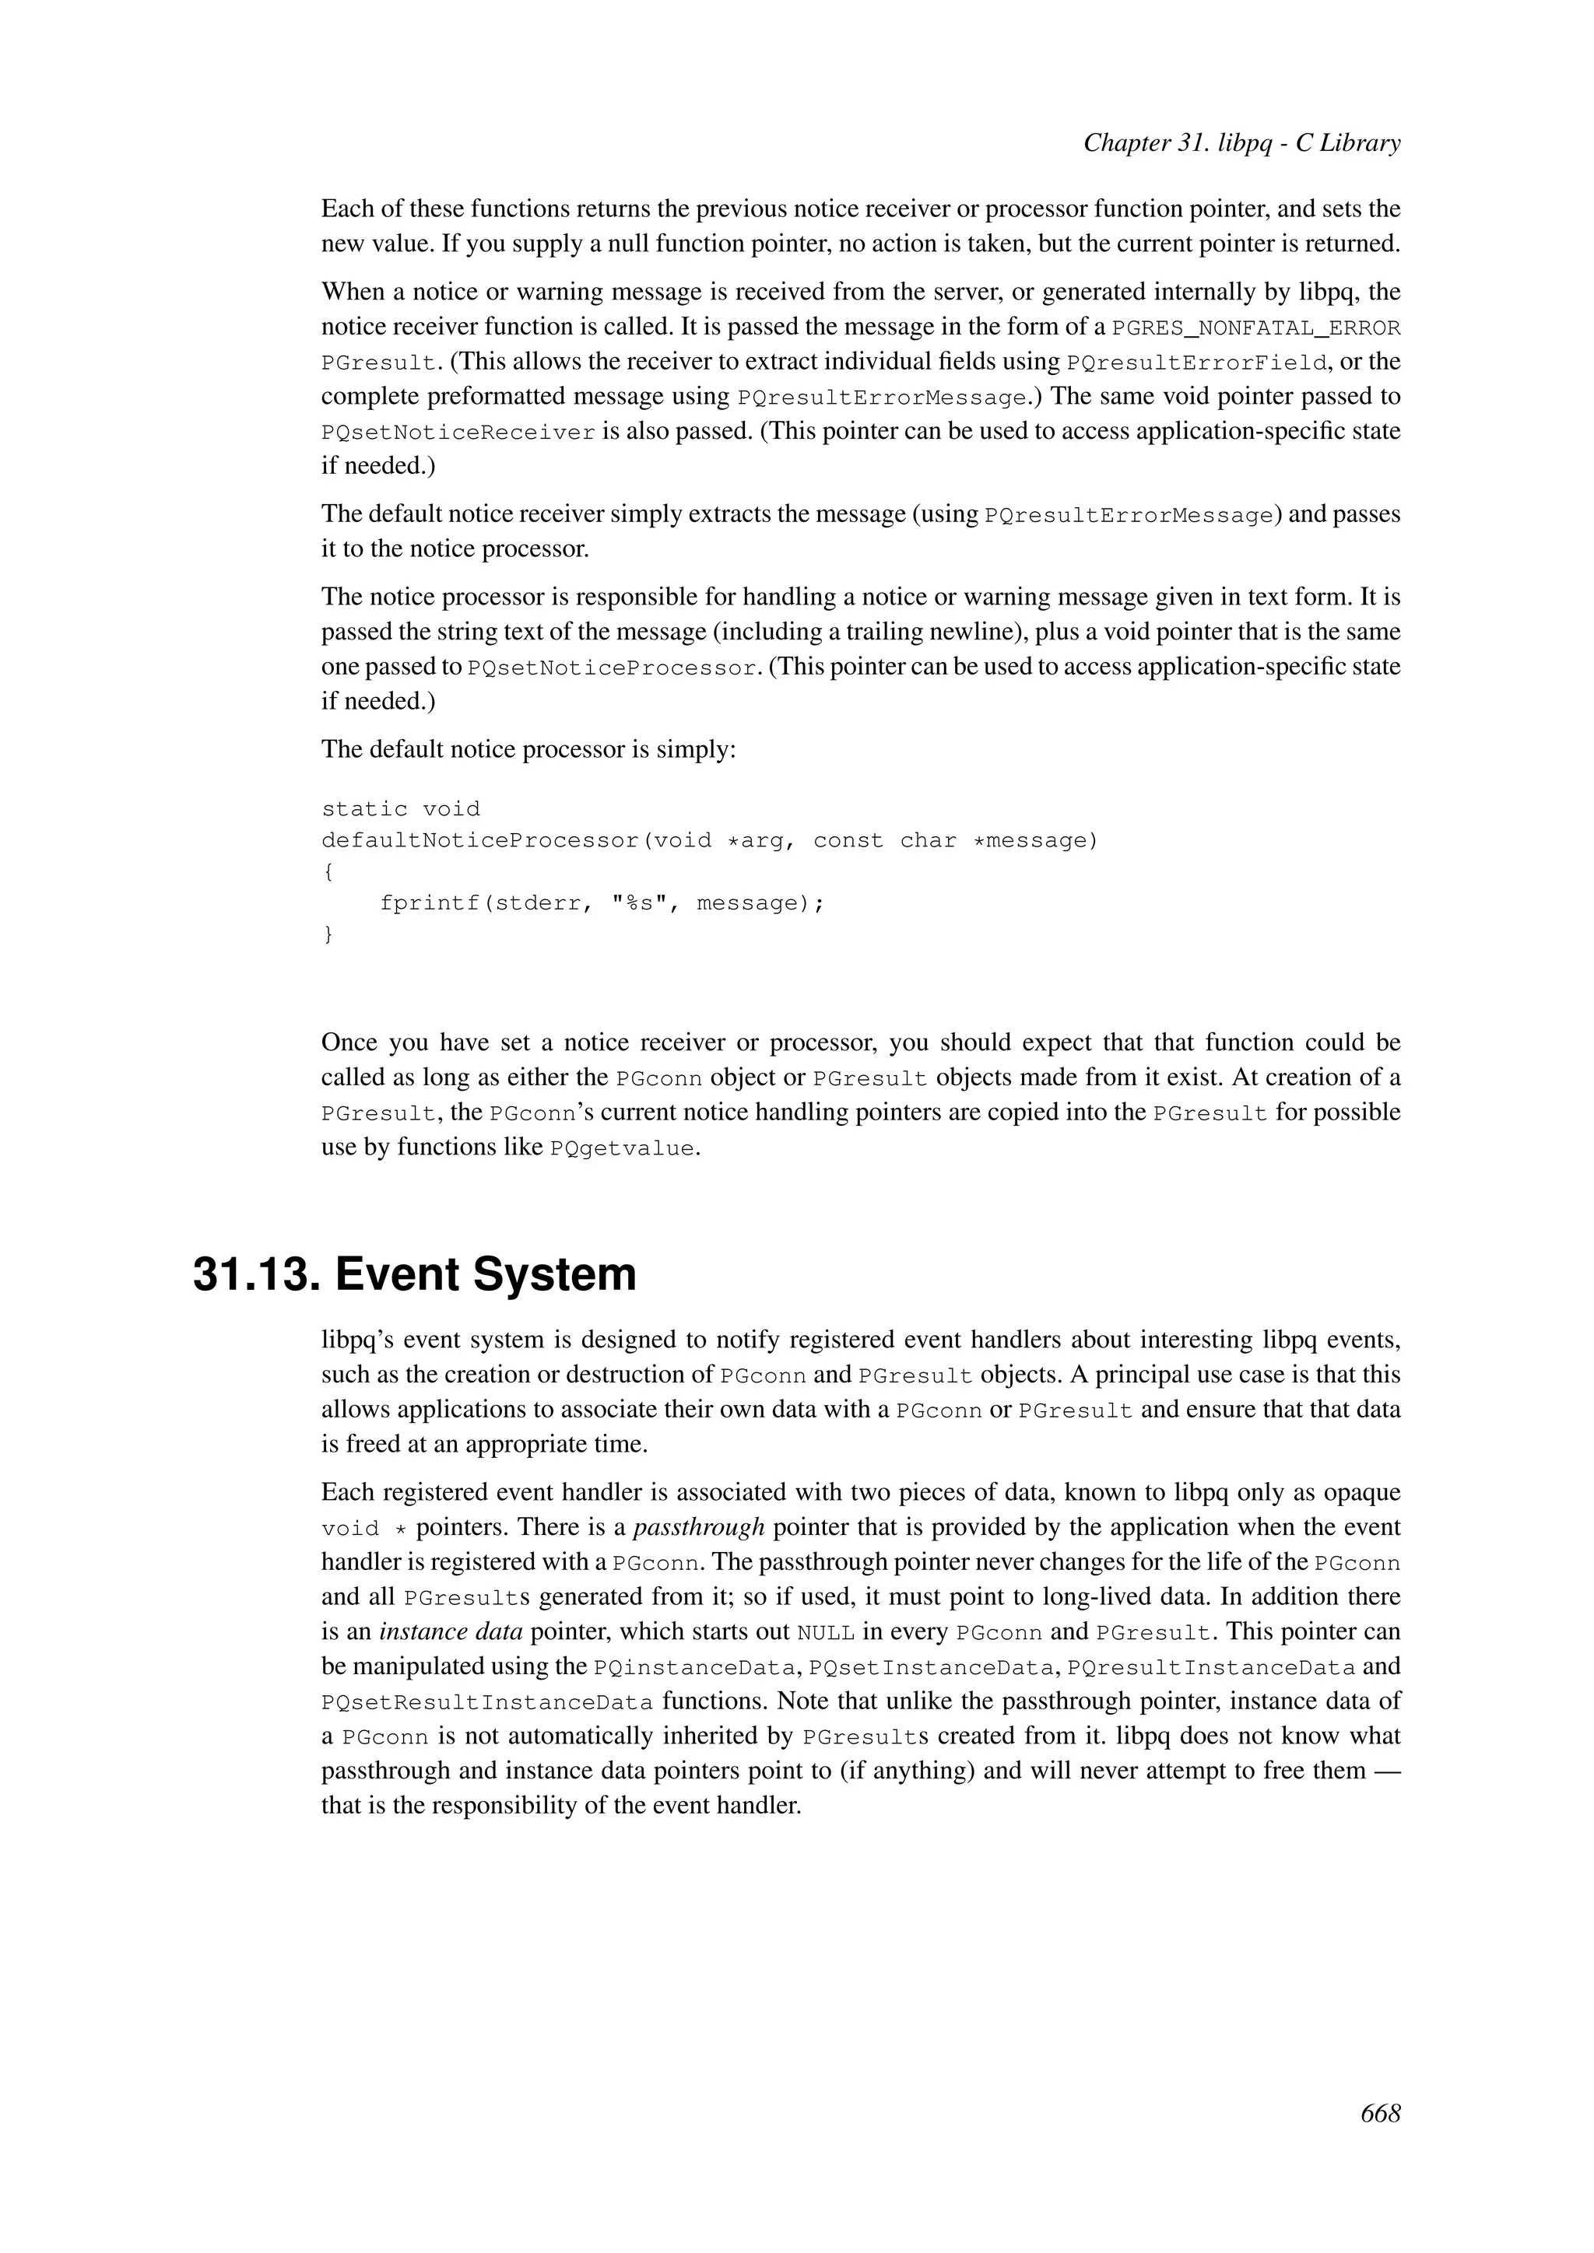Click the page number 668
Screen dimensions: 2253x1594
[x=1380, y=2114]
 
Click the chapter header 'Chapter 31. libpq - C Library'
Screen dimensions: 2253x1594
[x=1241, y=143]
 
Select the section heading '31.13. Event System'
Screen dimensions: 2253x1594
[x=414, y=1274]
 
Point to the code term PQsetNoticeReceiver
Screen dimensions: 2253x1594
[x=458, y=433]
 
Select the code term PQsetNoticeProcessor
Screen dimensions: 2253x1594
[x=613, y=668]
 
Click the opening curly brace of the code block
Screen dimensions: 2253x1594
[x=328, y=872]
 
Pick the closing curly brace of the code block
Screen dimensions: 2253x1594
[x=328, y=935]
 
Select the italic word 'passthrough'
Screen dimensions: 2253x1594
[x=699, y=1527]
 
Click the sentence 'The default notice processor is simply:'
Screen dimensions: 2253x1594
[x=528, y=750]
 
